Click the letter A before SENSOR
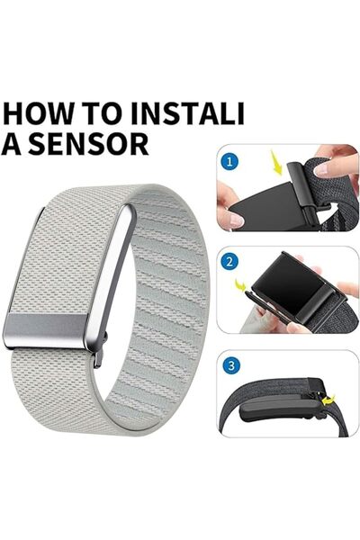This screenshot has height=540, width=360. pos(12,145)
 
